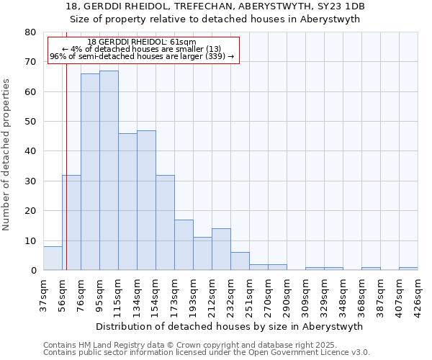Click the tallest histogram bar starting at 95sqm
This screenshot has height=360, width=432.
tap(109, 171)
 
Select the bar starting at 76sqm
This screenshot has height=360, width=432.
tap(90, 172)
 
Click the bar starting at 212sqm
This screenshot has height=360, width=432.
tap(221, 249)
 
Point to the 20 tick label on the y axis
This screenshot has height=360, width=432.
tap(30, 211)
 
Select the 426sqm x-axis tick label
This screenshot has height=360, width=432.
tap(418, 295)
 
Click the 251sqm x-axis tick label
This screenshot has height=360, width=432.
tap(249, 295)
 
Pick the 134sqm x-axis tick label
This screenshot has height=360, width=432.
tap(137, 295)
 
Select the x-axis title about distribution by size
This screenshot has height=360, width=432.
tap(229, 326)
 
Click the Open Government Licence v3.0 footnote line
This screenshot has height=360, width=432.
tap(207, 353)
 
